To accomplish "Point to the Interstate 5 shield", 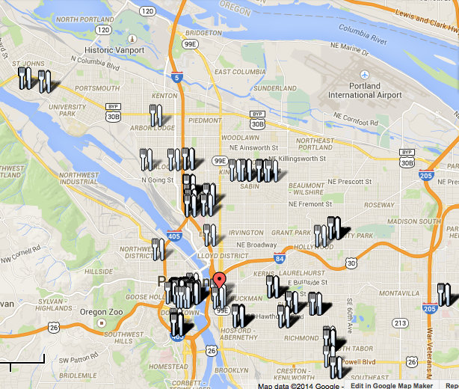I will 175,76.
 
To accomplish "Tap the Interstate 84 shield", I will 279,259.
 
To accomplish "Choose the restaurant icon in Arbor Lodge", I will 155,115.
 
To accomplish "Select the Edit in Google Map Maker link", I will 391,385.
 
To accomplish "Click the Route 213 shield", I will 400,322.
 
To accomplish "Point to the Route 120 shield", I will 148,11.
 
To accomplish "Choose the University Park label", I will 63,111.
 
